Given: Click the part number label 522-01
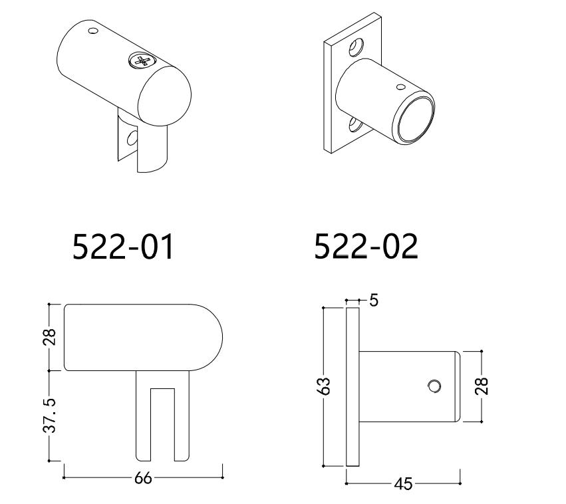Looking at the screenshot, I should pos(122,247).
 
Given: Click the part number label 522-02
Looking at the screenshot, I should pos(366,247).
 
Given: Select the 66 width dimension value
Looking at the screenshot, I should pos(143,478).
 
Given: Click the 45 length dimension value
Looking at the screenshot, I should pos(403,484).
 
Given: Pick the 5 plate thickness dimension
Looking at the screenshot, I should pos(373,301).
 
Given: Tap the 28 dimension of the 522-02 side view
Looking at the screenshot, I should pos(482,386).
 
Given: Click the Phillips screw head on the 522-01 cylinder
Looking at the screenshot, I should pos(141,61).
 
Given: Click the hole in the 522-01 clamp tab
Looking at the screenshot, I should pos(132,138).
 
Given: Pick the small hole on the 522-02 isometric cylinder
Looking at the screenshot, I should pos(400,86).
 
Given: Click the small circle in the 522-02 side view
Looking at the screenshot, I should pos(435,386).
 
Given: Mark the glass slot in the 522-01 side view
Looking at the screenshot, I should pos(162,422).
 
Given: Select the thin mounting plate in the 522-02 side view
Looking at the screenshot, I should pos(353,386).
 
